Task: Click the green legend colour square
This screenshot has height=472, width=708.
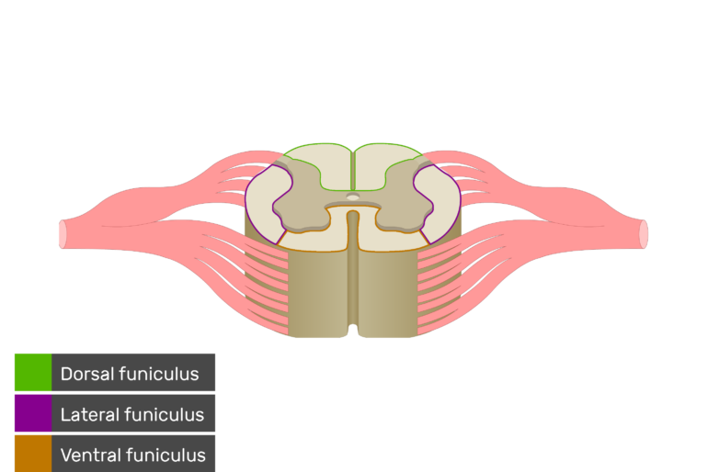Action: coord(33,373)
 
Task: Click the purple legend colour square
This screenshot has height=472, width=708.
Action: coord(33,413)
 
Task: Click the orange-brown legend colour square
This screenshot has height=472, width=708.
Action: coord(33,454)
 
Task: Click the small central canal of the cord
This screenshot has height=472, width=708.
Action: coord(353,197)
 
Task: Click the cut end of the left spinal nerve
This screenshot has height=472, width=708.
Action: coord(63,234)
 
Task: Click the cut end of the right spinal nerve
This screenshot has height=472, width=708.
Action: coord(644,234)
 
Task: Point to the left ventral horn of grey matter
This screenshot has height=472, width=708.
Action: coord(302,219)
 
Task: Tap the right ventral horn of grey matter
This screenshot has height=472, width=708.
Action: coord(405,219)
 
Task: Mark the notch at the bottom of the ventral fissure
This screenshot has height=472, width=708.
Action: coord(353,328)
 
